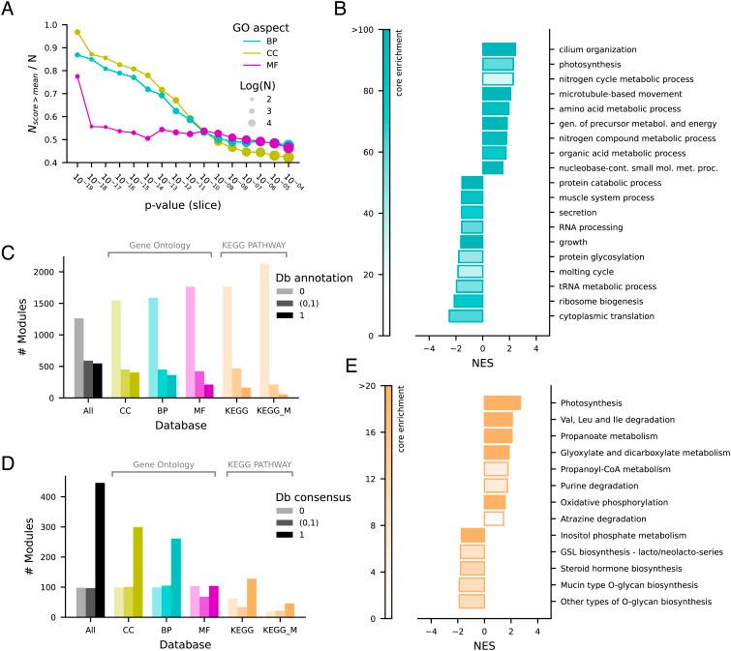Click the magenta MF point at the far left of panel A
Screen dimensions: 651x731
(77, 76)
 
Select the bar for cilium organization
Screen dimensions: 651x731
(499, 49)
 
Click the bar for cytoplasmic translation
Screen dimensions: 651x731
(466, 315)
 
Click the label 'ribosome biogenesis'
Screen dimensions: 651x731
(601, 301)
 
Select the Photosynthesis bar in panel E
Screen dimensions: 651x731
(503, 402)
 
